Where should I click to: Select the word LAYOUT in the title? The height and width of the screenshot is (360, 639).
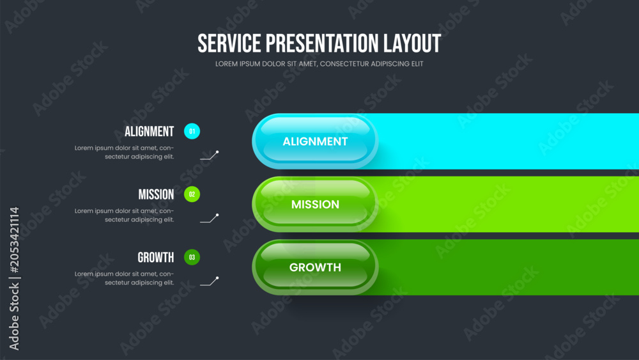coord(412,43)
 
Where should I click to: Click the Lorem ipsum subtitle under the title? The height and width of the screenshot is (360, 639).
coord(319,64)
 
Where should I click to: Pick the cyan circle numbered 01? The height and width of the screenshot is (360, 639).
coord(192,131)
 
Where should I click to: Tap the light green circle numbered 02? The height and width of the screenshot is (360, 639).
coord(192,194)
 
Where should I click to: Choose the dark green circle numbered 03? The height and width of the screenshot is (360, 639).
coord(192,257)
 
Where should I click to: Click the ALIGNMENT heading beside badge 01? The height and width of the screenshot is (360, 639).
coord(149,132)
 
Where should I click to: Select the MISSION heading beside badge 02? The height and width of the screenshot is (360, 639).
coord(156,194)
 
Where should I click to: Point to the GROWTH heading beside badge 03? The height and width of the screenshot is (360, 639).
coord(156,258)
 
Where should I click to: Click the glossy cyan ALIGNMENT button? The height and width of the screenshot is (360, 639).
coord(315,141)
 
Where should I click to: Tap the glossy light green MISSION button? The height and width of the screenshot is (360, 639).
coord(315,204)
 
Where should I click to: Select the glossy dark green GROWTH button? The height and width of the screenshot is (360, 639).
coord(315,267)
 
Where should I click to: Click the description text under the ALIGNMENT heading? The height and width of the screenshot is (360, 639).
coord(125,152)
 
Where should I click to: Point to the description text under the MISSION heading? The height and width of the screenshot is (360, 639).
coord(125,215)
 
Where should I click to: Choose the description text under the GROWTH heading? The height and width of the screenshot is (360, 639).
coord(125,278)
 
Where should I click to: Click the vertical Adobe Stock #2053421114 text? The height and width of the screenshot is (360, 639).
coord(14,278)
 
